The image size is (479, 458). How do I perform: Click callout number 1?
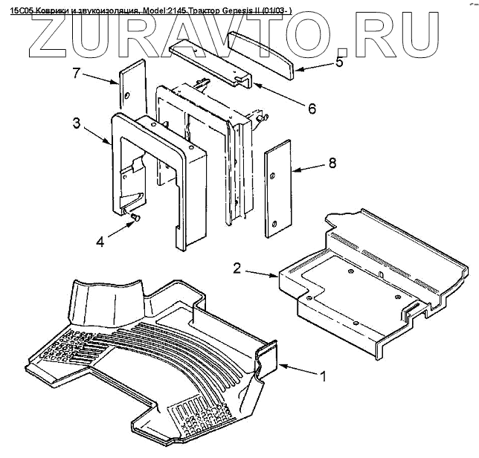pos(323,377)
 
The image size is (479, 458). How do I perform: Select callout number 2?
pos(237,268)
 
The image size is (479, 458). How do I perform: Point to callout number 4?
pos(101,240)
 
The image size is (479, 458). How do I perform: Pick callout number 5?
pos(338,62)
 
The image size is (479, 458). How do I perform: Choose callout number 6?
pos(311,109)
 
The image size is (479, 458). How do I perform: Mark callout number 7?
pos(75,74)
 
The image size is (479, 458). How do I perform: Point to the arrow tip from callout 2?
pos(278,277)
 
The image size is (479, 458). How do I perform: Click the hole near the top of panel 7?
pos(128,95)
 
